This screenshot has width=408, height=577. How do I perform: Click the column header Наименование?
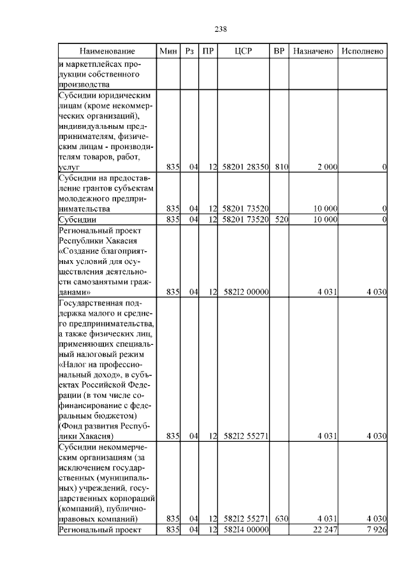click(108, 51)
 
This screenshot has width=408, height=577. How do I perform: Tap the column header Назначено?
click(313, 51)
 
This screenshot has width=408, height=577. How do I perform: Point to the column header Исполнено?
click(362, 51)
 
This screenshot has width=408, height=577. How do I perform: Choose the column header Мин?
click(168, 51)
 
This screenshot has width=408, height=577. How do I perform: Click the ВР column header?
click(279, 51)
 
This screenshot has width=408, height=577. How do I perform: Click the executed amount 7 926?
click(374, 530)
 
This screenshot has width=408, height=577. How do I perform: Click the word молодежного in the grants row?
click(82, 198)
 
